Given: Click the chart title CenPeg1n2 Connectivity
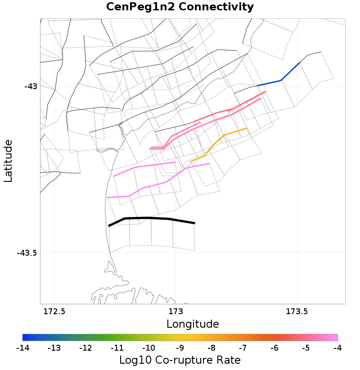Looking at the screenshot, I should (180, 7).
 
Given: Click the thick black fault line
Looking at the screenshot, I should (148, 218).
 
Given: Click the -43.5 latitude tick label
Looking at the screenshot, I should (27, 253).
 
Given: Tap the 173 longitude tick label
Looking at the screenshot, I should (175, 311).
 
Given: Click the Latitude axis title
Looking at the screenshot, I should (8, 161).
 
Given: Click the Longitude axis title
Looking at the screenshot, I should (193, 324).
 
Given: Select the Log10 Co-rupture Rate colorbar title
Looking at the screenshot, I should (180, 360).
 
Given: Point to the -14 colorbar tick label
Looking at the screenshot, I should (22, 348).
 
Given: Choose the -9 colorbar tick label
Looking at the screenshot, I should (180, 348).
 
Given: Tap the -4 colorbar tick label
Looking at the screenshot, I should (337, 348).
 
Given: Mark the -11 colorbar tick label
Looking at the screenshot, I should (117, 348).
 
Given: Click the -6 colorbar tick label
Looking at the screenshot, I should (274, 348).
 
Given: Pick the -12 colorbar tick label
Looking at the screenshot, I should (85, 348).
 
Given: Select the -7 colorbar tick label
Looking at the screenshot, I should (243, 348).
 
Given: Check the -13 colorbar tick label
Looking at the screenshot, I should (54, 348).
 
